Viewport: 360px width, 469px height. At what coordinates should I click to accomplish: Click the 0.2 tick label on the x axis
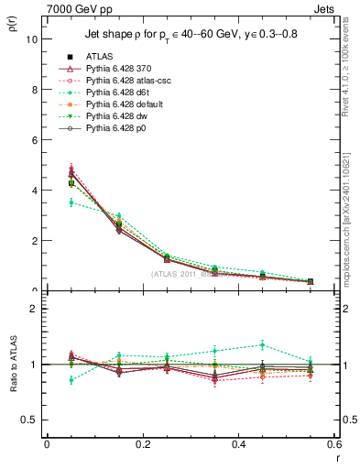tap(142, 444)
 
